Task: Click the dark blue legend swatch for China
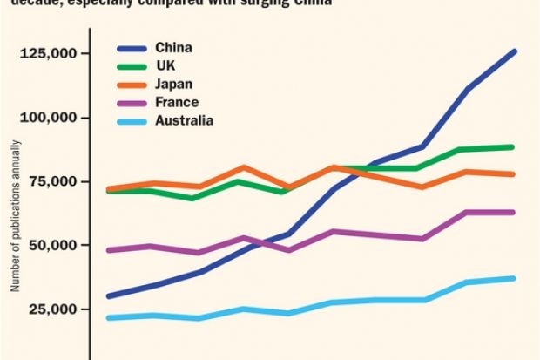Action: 132,46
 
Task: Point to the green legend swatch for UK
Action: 132,65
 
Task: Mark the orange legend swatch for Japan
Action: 132,84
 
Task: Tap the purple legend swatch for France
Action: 132,102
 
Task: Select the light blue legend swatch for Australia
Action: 132,120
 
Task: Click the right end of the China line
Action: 514,51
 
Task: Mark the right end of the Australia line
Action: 514,279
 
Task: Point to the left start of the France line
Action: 108,250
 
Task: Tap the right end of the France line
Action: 514,212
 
